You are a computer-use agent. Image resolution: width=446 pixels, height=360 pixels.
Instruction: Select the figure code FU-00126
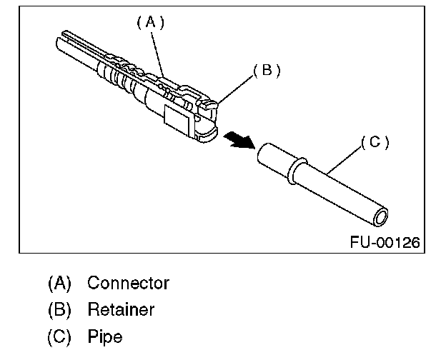[x=385, y=242]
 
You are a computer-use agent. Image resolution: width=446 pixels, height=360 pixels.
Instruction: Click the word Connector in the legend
[x=128, y=283]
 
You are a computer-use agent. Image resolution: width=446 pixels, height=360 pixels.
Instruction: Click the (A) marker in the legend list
[x=60, y=283]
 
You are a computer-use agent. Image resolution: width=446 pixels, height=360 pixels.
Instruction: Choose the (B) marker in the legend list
[x=60, y=310]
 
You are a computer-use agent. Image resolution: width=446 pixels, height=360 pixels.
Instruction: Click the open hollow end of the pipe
[x=383, y=216]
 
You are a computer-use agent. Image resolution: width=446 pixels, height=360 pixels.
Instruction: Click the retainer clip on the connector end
[x=209, y=106]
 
